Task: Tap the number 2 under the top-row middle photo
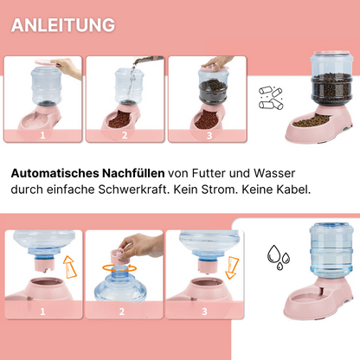tap(125, 135)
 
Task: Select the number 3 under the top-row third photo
tap(209, 135)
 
